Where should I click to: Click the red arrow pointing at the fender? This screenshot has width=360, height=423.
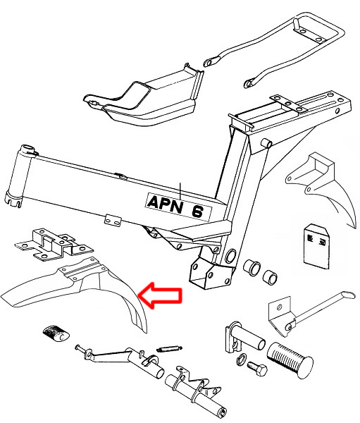coord(161,295)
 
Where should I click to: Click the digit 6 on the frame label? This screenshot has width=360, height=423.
coord(197,211)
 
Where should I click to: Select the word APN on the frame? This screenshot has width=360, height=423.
coord(165,204)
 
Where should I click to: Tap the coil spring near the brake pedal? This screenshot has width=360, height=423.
coord(169,349)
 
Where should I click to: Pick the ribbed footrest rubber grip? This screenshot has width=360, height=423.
coord(290,360)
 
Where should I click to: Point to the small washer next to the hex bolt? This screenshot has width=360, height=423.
coord(242,359)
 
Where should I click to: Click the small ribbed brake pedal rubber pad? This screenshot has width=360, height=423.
coord(56,333)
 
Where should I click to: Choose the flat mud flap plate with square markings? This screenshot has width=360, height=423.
coord(316,246)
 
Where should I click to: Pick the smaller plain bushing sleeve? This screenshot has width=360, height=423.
coord(270,277)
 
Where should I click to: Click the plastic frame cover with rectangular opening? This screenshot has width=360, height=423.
coord(143,96)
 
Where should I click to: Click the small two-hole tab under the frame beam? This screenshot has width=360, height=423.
coord(113,221)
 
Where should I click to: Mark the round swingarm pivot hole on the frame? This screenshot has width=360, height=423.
coord(230,257)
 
